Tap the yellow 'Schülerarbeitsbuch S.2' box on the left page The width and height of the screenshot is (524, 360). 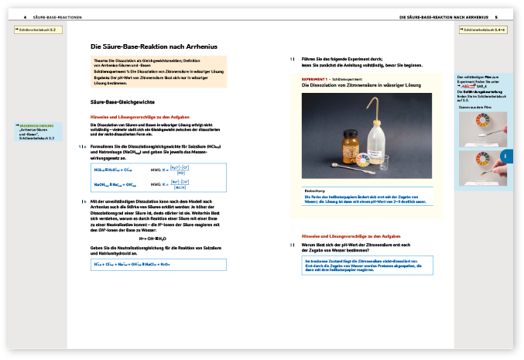39,29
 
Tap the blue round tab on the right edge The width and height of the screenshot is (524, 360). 505,156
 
